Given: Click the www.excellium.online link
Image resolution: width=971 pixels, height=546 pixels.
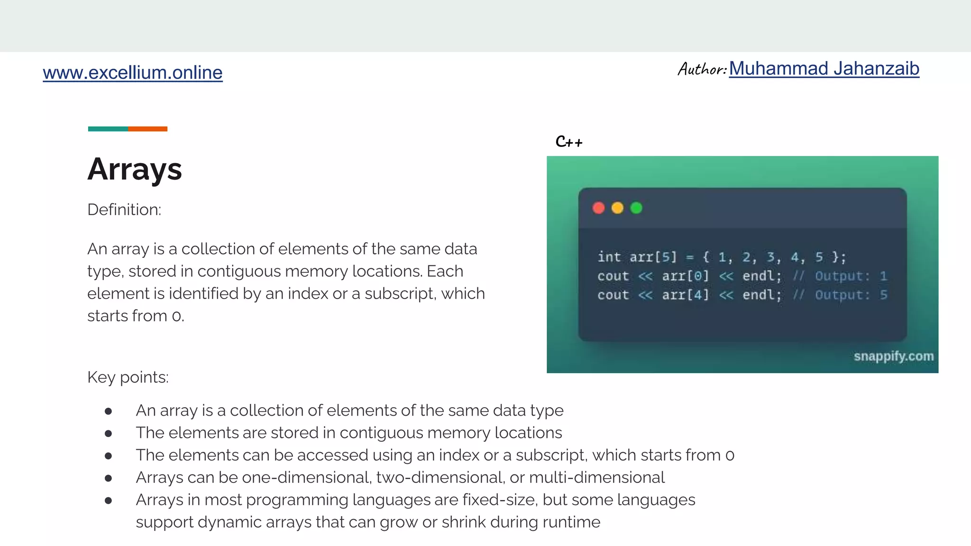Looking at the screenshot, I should tap(132, 73).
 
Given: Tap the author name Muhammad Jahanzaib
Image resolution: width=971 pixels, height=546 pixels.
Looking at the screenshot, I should tap(824, 69).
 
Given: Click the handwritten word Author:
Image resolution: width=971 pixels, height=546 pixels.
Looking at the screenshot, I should tap(702, 69).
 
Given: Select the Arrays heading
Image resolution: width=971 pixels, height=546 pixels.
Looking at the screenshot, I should tap(135, 169).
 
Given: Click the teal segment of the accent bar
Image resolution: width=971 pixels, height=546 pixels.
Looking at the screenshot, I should tap(108, 129).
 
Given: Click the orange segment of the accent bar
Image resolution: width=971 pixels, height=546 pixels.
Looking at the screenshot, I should tap(147, 129).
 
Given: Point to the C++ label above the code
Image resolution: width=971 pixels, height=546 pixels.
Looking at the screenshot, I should tap(569, 142).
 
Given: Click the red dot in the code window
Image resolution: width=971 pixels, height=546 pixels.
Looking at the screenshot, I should tap(598, 208).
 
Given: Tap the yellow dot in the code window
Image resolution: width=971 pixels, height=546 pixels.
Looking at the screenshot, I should tap(617, 208).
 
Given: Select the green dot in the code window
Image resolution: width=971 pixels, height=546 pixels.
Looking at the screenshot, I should tap(636, 208).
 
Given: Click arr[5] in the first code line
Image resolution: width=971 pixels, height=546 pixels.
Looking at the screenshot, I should tap(653, 257).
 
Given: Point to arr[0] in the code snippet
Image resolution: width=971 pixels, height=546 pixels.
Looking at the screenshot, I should tap(685, 276).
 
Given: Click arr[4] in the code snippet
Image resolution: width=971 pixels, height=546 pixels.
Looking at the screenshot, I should tap(685, 295).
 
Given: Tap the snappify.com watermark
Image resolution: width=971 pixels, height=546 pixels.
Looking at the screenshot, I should tap(893, 356).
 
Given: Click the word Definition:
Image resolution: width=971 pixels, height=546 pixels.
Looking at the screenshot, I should tap(124, 209).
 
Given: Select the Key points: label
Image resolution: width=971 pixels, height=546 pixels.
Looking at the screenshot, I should tap(128, 377).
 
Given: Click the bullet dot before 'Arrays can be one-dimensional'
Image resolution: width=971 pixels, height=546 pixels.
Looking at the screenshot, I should tap(108, 478).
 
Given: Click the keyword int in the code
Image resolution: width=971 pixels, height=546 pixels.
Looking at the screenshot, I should tap(609, 257).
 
